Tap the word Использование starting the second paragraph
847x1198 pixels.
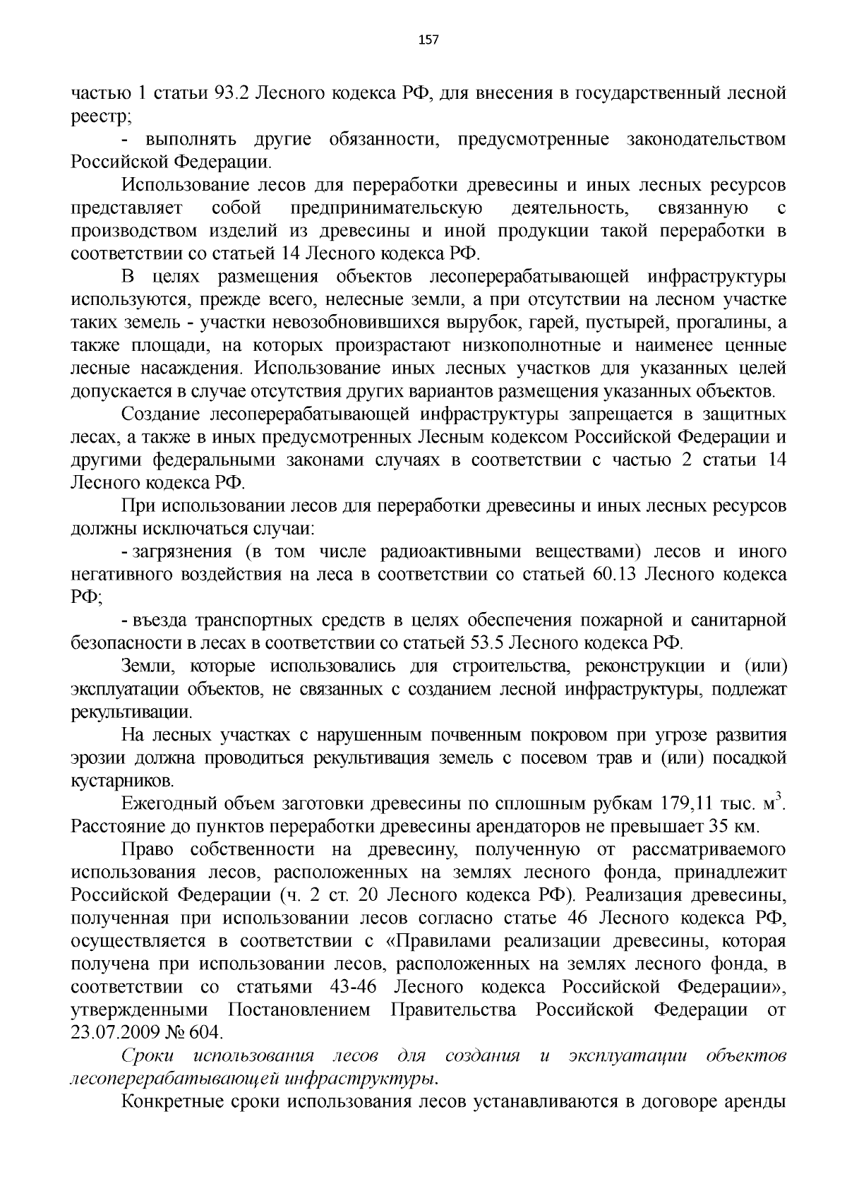click(184, 186)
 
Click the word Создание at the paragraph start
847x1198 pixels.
click(161, 414)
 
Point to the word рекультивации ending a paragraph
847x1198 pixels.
click(130, 712)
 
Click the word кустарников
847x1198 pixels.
click(120, 781)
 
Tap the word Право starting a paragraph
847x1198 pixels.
click(145, 849)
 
